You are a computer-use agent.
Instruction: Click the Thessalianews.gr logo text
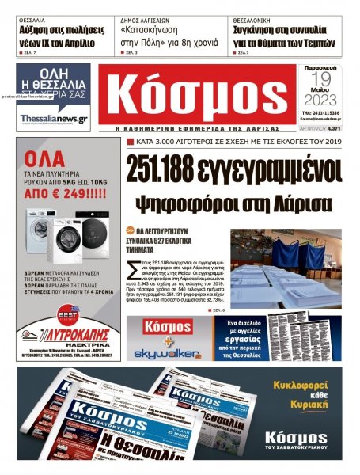pyautogui.click(x=54, y=118)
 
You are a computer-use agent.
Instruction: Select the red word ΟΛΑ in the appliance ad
pyautogui.click(x=44, y=156)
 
